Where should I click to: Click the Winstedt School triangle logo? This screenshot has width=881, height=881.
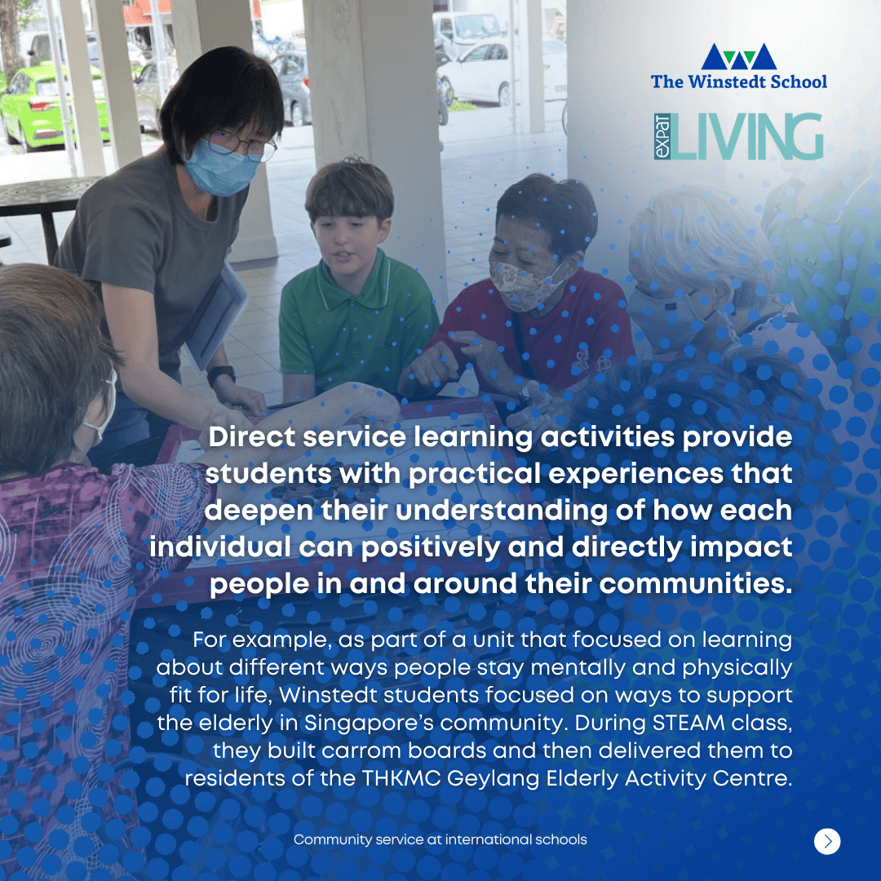(x=739, y=56)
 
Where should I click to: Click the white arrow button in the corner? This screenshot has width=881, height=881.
(x=827, y=841)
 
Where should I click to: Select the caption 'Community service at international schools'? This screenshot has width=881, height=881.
(x=440, y=839)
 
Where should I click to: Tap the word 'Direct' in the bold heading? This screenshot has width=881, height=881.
(x=252, y=437)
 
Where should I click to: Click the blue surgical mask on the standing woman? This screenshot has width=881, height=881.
(x=220, y=169)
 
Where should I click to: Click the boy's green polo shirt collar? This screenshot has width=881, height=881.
(x=356, y=279)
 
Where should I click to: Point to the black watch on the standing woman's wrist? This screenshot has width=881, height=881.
(x=221, y=374)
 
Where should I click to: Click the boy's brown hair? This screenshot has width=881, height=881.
(x=349, y=190)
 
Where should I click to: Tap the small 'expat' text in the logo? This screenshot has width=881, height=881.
(x=662, y=136)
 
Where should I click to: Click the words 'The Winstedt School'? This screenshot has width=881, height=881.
(x=739, y=82)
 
